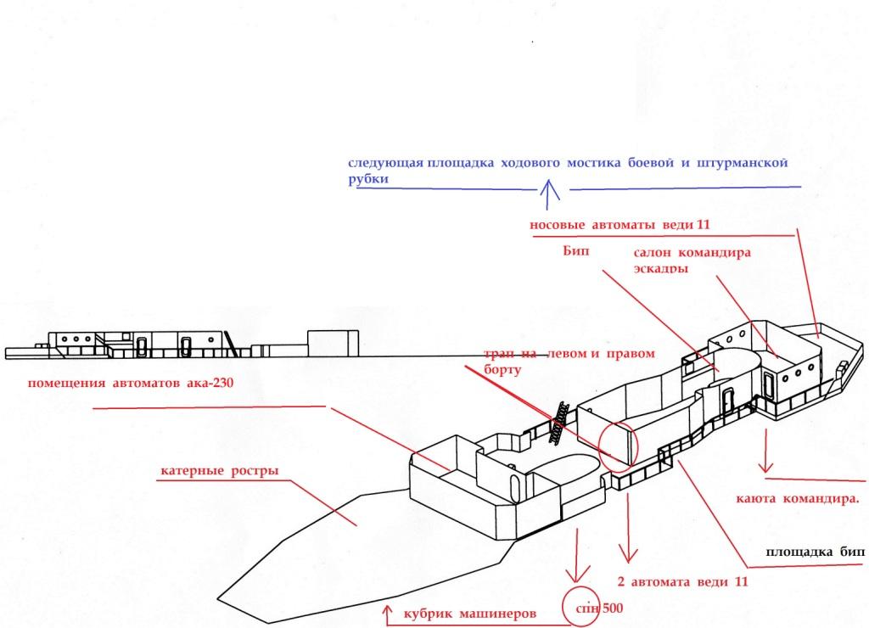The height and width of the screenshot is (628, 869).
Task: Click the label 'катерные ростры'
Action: point(219,472)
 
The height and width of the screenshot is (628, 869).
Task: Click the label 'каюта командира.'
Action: point(797,498)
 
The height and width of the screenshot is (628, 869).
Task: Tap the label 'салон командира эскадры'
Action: point(692,261)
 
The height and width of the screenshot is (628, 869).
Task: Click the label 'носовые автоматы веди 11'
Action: point(619,225)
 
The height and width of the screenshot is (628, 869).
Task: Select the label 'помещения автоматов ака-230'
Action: point(130,383)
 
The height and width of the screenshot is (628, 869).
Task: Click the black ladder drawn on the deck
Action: point(558,419)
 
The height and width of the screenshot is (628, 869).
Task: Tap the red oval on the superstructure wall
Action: point(617,444)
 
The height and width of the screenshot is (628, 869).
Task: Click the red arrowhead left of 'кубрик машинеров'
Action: point(388,609)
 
